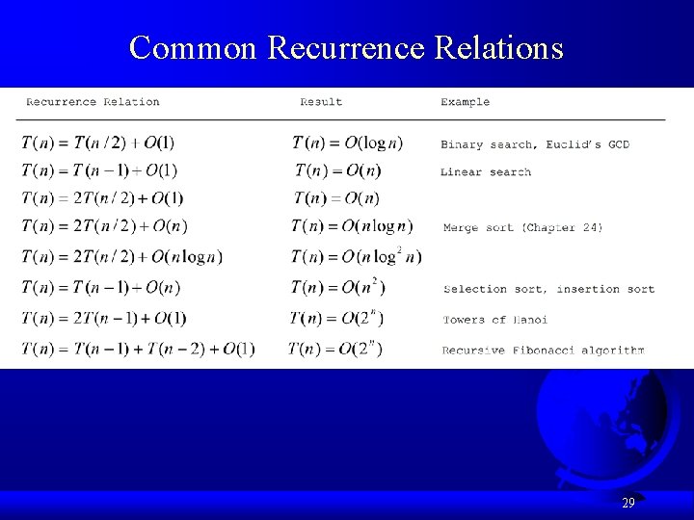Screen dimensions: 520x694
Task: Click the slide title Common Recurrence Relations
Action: tap(346, 47)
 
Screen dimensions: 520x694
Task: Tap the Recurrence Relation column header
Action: tap(93, 102)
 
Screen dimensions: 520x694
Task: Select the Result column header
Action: tap(321, 102)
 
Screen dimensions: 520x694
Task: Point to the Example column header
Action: tap(465, 102)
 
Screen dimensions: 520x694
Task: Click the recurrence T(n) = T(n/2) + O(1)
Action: tap(98, 143)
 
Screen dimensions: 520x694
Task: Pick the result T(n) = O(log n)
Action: tap(348, 143)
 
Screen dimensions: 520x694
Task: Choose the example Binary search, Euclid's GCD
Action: tap(535, 144)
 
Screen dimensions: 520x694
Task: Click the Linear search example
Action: tap(486, 172)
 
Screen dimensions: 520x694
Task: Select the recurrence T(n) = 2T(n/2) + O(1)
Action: tap(102, 198)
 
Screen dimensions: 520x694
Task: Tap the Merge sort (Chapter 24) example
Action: tap(523, 228)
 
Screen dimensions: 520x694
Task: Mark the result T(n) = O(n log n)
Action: tap(352, 227)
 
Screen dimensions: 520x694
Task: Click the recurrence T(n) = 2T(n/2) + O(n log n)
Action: tap(122, 257)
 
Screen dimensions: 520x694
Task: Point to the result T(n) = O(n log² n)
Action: tap(357, 257)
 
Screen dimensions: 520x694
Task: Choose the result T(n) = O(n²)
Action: tap(339, 287)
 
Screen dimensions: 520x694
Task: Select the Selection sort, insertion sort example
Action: tap(548, 289)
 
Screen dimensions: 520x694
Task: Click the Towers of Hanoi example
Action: tap(495, 320)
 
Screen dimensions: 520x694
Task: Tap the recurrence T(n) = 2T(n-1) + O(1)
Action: tap(103, 318)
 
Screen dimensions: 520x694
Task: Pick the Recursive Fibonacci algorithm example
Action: tap(543, 351)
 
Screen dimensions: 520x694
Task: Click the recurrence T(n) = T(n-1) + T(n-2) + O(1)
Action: tap(138, 349)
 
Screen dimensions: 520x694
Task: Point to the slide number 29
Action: tap(627, 503)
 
